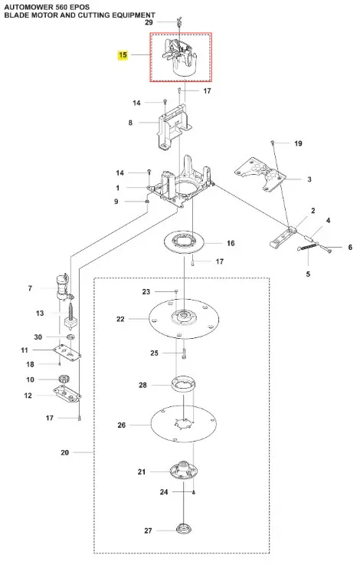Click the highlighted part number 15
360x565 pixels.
point(123,54)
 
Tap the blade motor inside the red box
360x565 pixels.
point(180,57)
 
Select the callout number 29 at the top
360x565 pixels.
point(149,22)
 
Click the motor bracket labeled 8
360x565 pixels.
point(175,127)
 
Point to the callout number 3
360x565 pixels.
point(309,179)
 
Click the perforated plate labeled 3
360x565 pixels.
point(260,174)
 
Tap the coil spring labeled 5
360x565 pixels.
point(308,248)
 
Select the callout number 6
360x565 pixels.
point(350,247)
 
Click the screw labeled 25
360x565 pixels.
point(184,353)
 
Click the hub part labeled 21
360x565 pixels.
point(184,470)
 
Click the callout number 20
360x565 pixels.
point(65,452)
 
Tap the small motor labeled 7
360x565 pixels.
point(64,287)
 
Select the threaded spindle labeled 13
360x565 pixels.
point(70,316)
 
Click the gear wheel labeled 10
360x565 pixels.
point(64,379)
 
